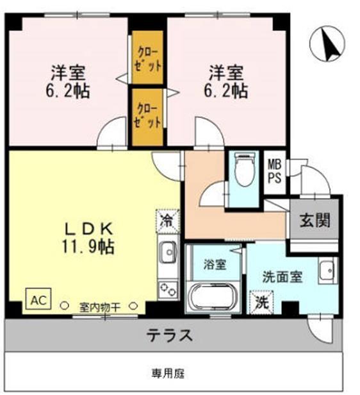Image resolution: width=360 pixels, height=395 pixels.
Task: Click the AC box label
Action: coord(37,299)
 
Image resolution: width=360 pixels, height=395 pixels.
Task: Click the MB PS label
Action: coord(274,171)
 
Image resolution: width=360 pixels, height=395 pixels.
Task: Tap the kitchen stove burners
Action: coord(168,290)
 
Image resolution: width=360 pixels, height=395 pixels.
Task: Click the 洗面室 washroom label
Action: coord(282,277)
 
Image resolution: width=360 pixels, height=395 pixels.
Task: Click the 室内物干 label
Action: coord(101,306)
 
